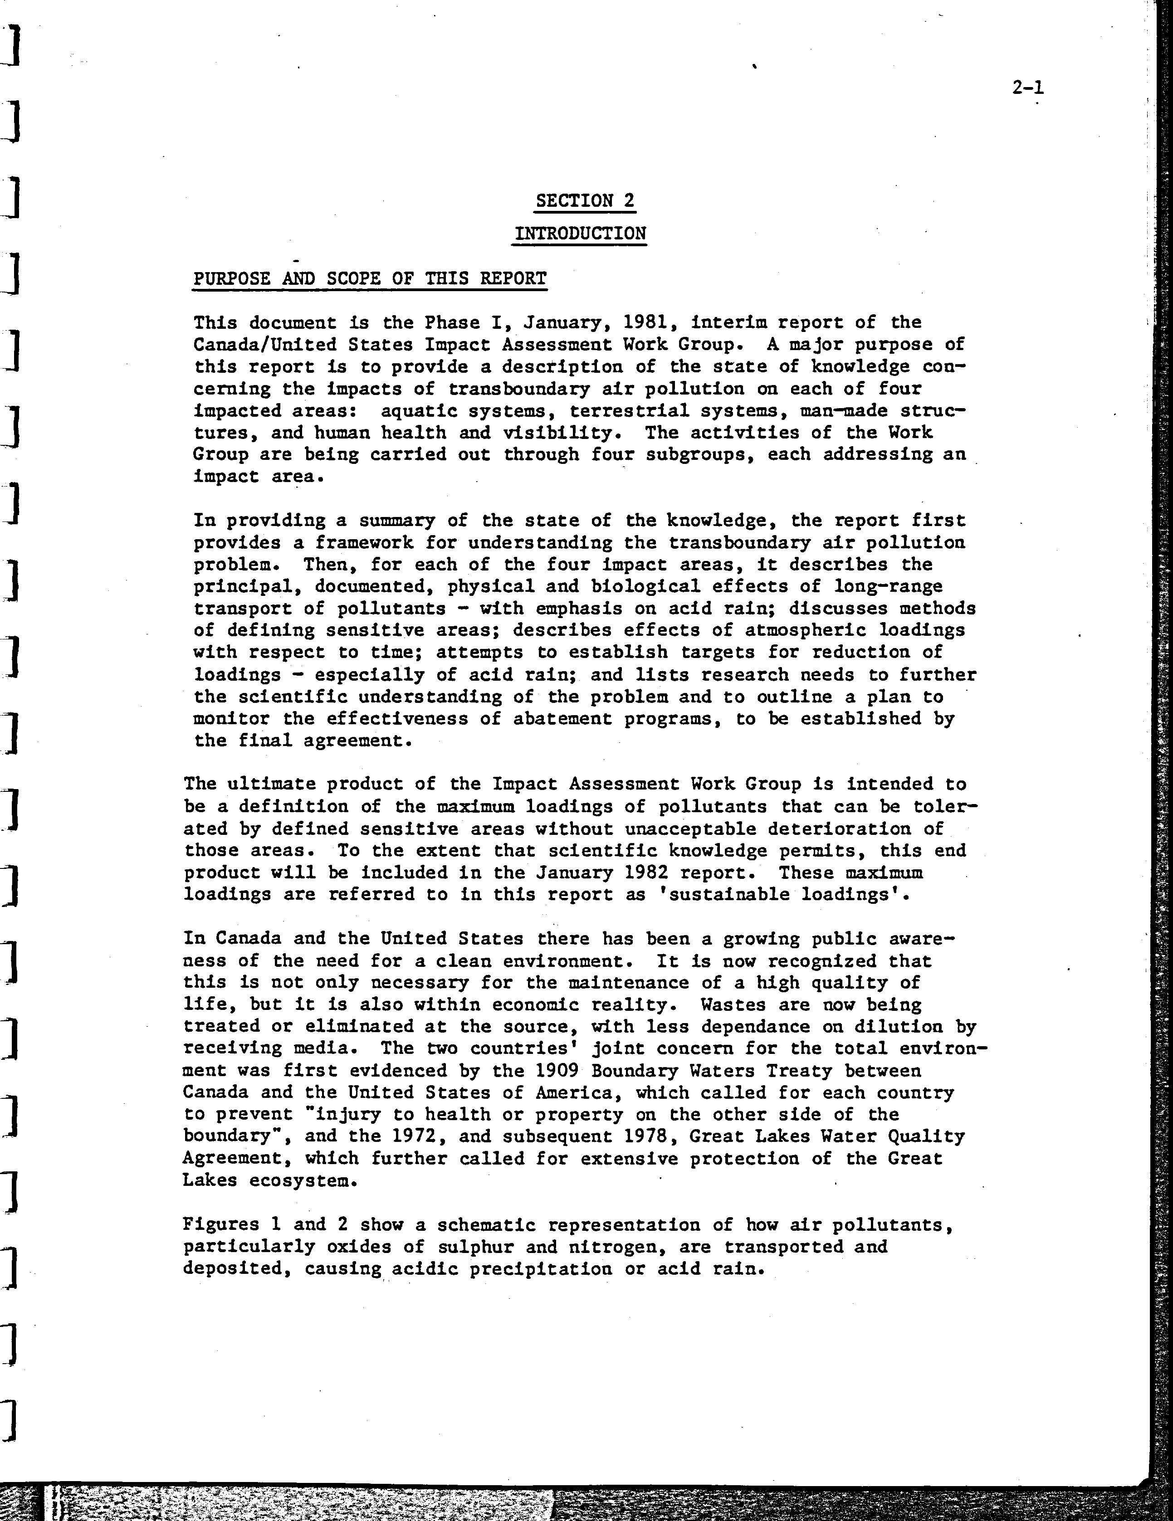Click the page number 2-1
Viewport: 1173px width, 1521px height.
coord(1028,88)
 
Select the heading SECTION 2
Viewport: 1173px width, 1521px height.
coord(585,201)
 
